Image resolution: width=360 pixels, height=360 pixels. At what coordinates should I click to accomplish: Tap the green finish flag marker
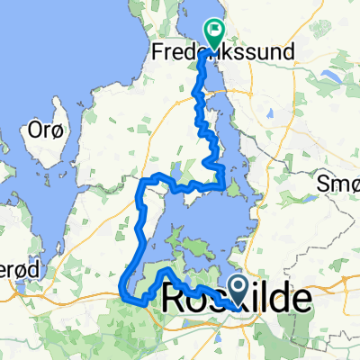tap(215, 34)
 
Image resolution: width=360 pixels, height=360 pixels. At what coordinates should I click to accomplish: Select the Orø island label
tap(47, 130)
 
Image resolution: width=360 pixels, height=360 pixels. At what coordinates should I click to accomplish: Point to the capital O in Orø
tap(35, 130)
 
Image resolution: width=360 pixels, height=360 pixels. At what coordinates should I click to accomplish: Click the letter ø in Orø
tap(57, 130)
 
